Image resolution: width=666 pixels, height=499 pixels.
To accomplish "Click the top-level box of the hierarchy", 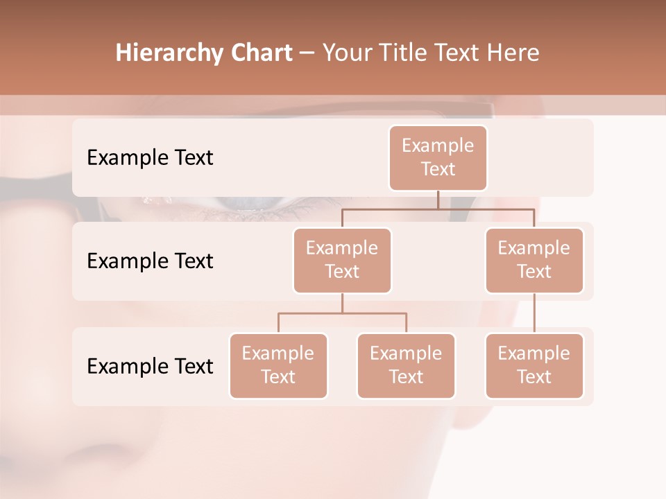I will coord(438,157).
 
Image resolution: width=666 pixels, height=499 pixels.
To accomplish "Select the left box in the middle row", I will coord(342,260).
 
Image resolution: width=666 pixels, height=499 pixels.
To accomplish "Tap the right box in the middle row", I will coord(534,260).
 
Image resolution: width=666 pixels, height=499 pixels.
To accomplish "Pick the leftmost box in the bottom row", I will coord(278,365).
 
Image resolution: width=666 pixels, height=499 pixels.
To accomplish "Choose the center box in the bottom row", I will coord(406,365).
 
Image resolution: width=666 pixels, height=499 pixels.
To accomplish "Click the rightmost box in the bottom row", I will coord(534,365).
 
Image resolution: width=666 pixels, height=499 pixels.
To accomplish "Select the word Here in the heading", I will coord(514,53).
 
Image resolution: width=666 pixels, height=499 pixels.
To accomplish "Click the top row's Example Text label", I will coord(150,158).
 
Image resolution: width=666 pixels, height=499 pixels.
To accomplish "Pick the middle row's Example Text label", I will coord(150,261).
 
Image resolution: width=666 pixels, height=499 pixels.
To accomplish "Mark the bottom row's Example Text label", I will coord(150,366).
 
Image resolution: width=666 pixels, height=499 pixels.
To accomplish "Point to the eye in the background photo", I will coord(243,203).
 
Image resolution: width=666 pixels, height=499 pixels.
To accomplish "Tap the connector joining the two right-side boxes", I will coord(534,313).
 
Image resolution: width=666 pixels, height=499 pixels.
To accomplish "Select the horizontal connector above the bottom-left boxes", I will coord(342,313).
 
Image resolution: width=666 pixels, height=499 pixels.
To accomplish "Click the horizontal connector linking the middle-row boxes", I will coord(438,209).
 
